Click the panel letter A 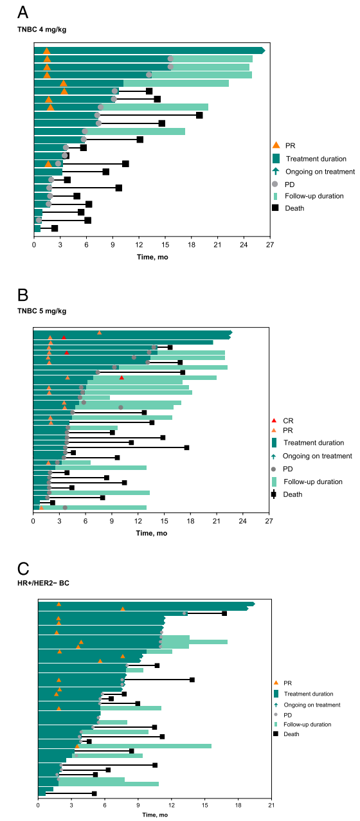(x=22, y=12)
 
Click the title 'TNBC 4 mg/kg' (x=42, y=30)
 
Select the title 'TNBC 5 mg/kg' (x=42, y=311)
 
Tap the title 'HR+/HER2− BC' (x=43, y=583)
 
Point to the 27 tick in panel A (x=270, y=245)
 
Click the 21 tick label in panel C (x=271, y=805)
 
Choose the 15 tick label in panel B (x=164, y=521)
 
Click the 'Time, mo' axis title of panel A (x=152, y=257)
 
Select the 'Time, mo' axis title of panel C (x=155, y=815)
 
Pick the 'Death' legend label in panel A (x=294, y=208)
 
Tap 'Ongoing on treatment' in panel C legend (x=312, y=705)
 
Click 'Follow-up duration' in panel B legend (x=313, y=482)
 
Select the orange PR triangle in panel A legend (x=276, y=145)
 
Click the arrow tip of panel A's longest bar (x=265, y=51)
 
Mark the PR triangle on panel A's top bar (x=46, y=51)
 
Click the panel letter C (x=23, y=569)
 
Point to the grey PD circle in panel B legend (x=273, y=469)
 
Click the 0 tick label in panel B (x=33, y=521)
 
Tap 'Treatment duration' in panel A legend (x=316, y=159)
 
